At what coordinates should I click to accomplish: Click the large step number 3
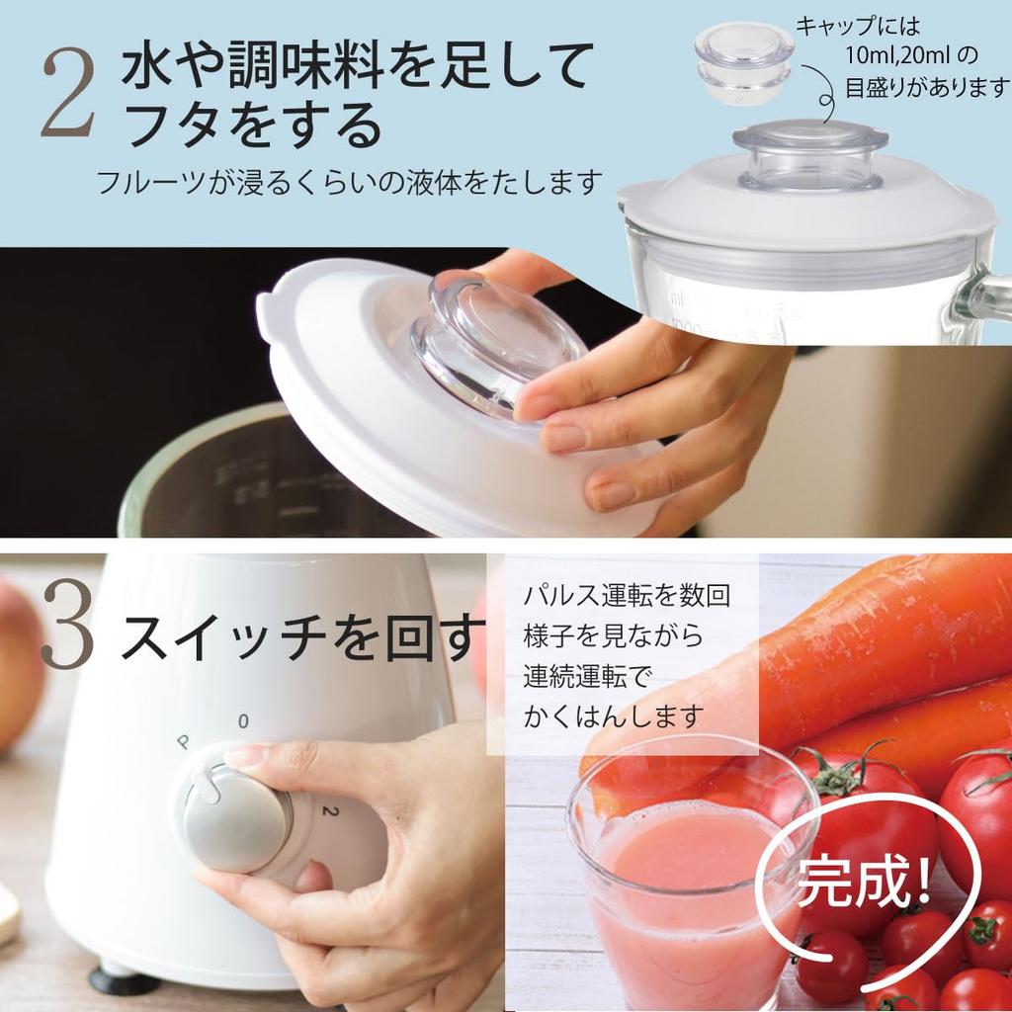pyautogui.click(x=67, y=632)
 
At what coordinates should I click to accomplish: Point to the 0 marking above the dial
pyautogui.click(x=243, y=720)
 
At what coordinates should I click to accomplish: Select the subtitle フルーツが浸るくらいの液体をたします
pyautogui.click(x=349, y=183)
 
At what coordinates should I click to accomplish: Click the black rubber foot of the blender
pyautogui.click(x=125, y=980)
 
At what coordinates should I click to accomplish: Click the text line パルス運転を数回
pyautogui.click(x=626, y=596)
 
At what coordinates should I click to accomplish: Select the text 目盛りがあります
pyautogui.click(x=926, y=88)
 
